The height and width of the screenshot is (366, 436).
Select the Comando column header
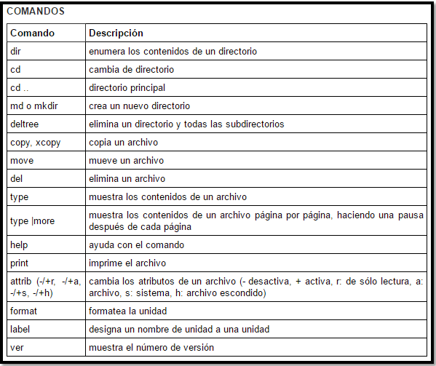32,33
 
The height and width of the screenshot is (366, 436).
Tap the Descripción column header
115,33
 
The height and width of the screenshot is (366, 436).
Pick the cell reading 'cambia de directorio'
131,70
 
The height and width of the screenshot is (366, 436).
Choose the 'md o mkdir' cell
33,106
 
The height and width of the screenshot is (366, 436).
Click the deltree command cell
24,124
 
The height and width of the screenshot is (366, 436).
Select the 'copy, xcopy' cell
35,143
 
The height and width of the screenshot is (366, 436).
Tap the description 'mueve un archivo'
126,161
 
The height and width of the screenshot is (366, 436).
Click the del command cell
16,179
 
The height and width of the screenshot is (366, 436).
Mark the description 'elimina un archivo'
127,179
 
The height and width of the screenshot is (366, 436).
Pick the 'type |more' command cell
32,220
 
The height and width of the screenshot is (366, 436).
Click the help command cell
19,244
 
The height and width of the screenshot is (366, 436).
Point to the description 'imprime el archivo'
127,263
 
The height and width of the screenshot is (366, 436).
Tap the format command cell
23,311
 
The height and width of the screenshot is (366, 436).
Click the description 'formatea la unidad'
128,311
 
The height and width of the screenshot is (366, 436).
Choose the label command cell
20,329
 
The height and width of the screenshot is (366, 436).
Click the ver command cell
17,347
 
